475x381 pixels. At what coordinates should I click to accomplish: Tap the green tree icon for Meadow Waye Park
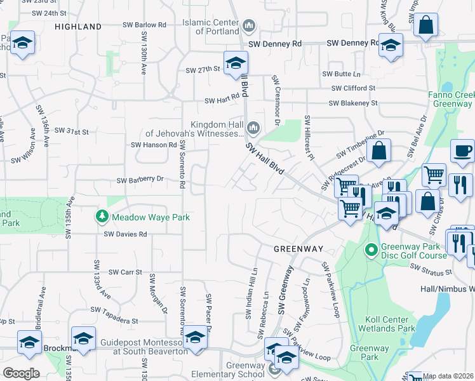tap(102, 217)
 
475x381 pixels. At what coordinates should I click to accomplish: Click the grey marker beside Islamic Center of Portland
tap(248, 27)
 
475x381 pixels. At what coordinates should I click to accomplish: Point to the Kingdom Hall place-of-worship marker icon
tap(253, 129)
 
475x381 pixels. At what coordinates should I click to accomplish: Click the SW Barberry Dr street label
tap(140, 180)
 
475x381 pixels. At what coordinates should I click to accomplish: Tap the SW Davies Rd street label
tap(126, 234)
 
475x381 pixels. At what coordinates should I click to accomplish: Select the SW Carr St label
tap(124, 272)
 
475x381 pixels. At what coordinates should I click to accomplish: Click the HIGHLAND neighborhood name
tap(78, 27)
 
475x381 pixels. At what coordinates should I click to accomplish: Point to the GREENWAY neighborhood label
tap(298, 249)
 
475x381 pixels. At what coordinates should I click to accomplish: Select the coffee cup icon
tap(462, 152)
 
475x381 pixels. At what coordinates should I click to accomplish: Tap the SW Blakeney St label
tap(352, 103)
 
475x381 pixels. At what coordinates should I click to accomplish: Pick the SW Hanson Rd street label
tap(154, 145)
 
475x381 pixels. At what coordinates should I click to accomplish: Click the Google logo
tap(21, 373)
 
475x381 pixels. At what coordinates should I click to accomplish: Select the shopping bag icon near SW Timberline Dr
tap(378, 151)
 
